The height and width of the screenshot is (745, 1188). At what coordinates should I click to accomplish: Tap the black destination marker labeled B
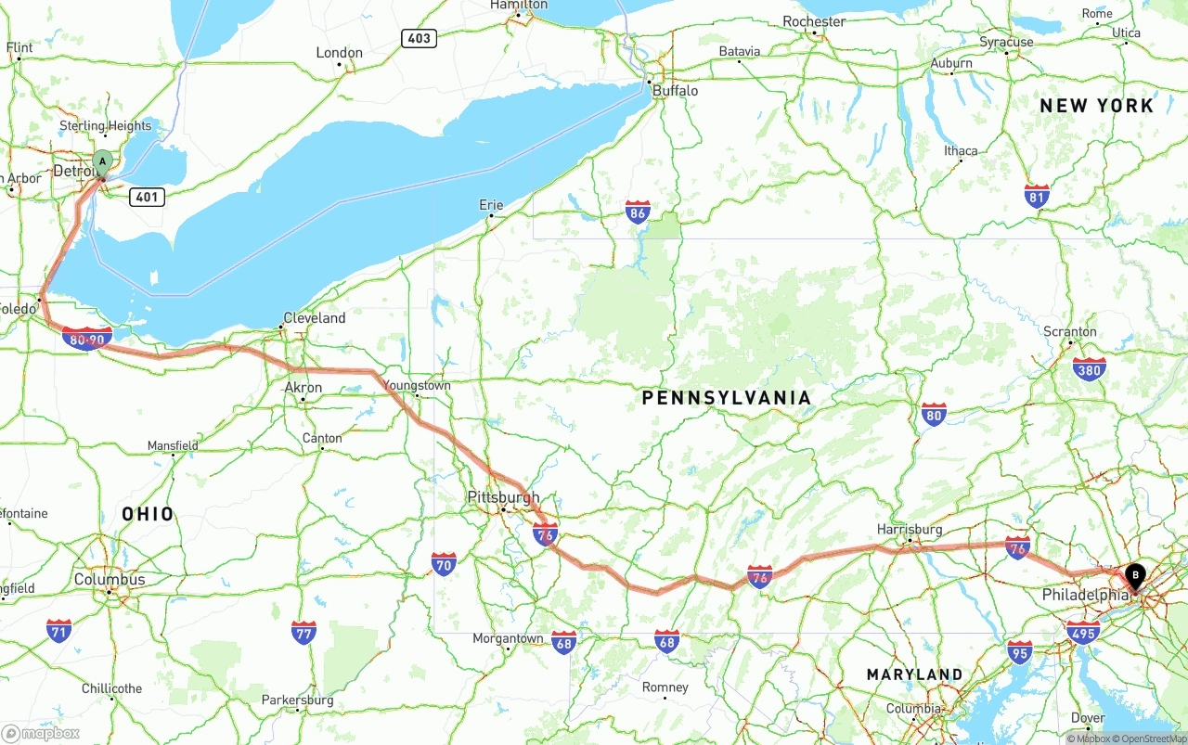(x=1134, y=577)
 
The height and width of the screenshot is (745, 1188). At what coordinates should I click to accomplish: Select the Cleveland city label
(x=314, y=318)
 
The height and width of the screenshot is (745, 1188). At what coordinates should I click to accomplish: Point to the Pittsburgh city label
(x=503, y=497)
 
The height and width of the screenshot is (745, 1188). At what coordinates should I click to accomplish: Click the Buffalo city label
(x=675, y=91)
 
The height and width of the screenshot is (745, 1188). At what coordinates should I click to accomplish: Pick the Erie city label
(x=491, y=205)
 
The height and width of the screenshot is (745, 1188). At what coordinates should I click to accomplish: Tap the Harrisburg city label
(x=910, y=529)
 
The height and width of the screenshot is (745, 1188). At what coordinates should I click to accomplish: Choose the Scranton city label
(x=1070, y=331)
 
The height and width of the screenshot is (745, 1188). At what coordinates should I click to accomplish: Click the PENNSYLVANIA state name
(x=727, y=398)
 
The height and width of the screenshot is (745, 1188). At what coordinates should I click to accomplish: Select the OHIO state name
(x=148, y=514)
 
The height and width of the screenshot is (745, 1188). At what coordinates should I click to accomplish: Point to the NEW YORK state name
(x=1096, y=106)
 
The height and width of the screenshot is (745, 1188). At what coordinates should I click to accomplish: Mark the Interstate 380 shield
(x=1089, y=369)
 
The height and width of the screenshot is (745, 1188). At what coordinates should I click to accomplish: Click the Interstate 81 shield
(x=1038, y=196)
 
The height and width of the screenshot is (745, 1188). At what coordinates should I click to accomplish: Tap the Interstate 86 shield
(x=637, y=212)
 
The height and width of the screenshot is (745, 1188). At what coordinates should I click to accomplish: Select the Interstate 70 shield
(x=444, y=563)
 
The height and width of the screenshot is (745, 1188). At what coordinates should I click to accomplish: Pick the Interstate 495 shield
(x=1082, y=633)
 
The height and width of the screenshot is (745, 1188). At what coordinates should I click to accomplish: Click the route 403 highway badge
(x=420, y=38)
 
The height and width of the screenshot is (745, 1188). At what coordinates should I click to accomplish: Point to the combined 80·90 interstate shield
(x=87, y=340)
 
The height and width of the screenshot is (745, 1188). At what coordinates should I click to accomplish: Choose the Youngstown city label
(x=417, y=385)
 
